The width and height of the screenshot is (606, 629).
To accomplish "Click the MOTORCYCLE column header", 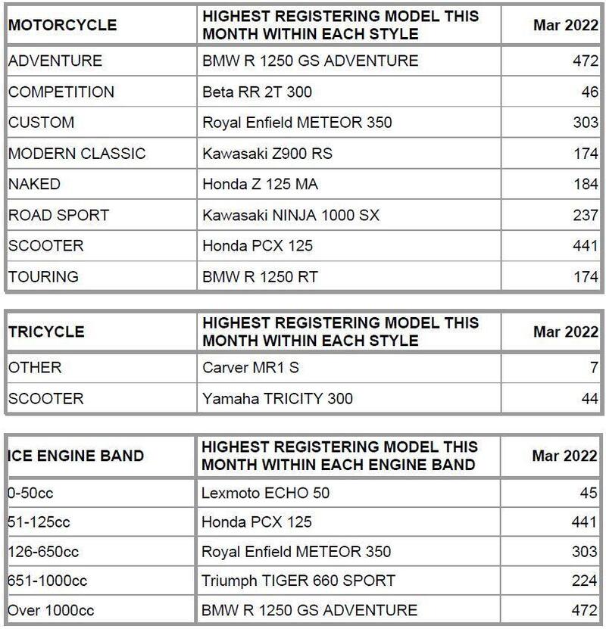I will point(62,25).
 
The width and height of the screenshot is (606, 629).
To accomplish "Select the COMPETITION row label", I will point(61,92).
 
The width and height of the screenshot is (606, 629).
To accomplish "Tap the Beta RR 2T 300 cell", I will point(257,92).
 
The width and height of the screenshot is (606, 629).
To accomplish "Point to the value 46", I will point(587,92).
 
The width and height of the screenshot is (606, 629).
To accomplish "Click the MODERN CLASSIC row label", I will point(77,154).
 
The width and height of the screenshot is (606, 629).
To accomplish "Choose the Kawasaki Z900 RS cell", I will point(267,154).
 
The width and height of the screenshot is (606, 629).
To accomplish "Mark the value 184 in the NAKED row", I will point(586,184).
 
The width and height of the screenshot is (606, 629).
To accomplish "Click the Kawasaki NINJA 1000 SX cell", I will point(291,215).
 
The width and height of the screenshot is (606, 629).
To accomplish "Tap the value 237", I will point(586,215).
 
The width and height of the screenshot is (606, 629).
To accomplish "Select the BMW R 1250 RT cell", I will point(260,277).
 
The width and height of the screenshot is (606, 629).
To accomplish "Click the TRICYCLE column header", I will point(46,332).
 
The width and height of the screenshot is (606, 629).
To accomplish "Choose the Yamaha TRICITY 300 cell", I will point(277,398).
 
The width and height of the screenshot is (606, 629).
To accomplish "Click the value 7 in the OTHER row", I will point(593,368).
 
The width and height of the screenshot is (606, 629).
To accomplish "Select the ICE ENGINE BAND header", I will point(76,456).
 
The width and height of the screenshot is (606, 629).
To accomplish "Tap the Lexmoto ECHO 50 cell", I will point(265,493).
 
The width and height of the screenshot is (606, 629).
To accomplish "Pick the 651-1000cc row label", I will point(48,581).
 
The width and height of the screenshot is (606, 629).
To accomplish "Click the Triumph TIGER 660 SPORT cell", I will point(298,581).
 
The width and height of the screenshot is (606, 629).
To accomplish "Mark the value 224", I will point(586,581).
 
